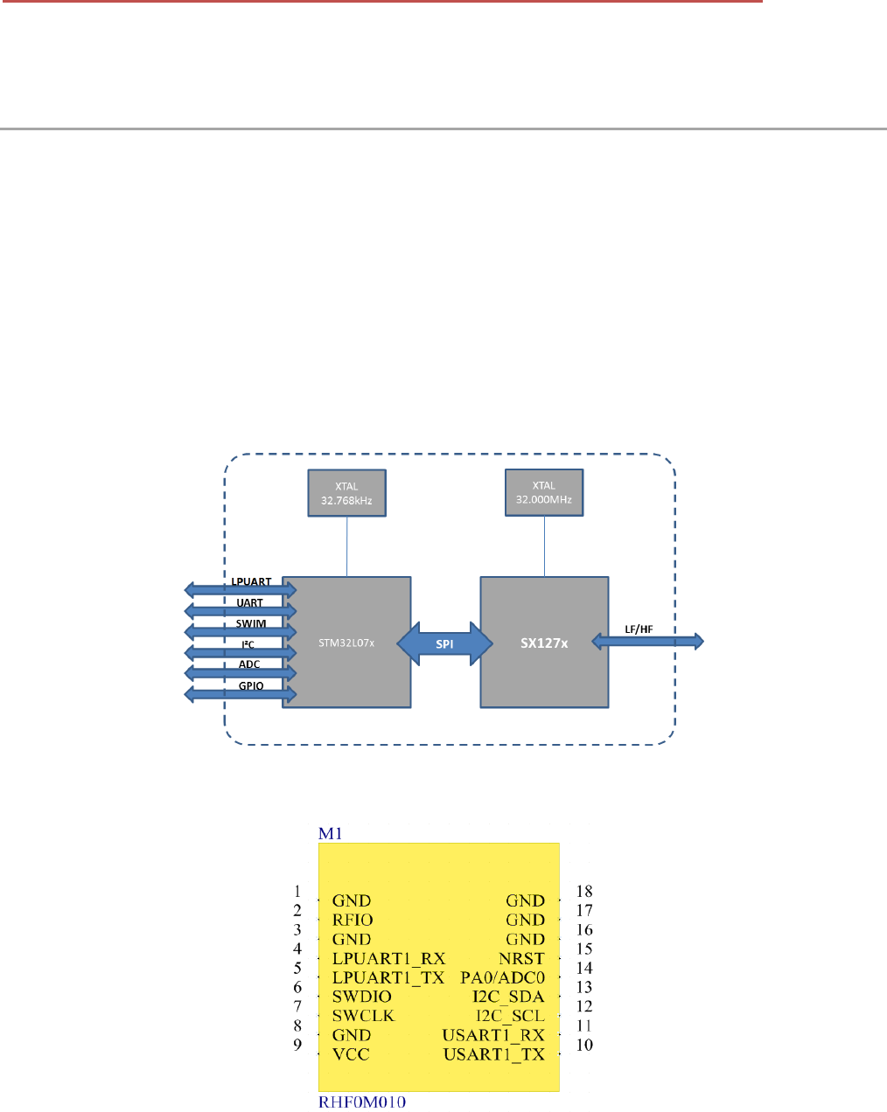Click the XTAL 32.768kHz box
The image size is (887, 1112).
click(x=346, y=493)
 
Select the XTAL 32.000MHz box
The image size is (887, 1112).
click(x=544, y=492)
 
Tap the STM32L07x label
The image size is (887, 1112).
click(x=346, y=643)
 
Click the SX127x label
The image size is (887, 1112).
click(x=544, y=643)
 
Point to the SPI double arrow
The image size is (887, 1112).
click(x=444, y=643)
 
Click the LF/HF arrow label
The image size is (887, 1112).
click(x=639, y=629)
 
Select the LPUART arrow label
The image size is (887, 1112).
click(x=251, y=582)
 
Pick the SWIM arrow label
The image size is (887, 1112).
click(x=251, y=623)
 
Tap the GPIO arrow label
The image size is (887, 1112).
click(x=251, y=685)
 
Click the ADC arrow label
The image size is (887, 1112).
click(x=249, y=664)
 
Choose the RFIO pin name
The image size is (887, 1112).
click(x=353, y=920)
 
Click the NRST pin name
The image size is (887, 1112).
click(x=521, y=958)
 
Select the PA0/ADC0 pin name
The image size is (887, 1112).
click(x=502, y=977)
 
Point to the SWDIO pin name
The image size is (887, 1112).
click(x=361, y=997)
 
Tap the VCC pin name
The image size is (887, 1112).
click(x=351, y=1054)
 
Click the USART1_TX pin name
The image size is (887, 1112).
click(x=493, y=1054)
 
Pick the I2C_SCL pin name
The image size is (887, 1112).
click(x=510, y=1016)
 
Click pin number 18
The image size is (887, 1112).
click(x=584, y=892)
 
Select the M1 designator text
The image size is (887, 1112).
click(x=330, y=833)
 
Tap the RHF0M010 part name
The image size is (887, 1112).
click(x=361, y=1102)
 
